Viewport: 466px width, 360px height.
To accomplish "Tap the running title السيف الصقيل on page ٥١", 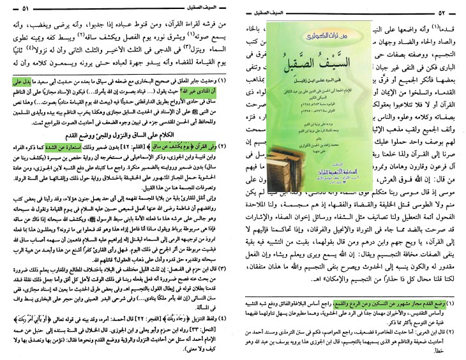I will coord(197,8).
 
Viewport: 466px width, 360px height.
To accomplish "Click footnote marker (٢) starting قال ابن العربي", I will coord(460,332).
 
